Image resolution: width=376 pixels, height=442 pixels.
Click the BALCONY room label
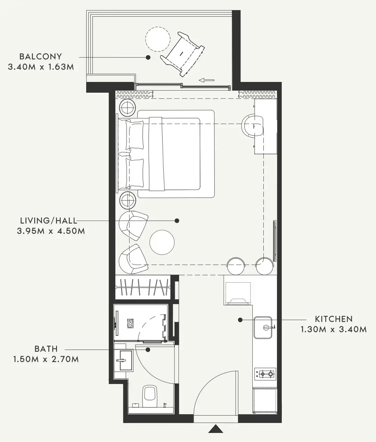[x=41, y=57]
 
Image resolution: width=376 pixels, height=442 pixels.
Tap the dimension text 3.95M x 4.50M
[x=51, y=231]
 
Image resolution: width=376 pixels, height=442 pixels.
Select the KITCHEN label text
[x=334, y=319]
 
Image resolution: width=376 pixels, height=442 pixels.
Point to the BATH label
[x=46, y=349]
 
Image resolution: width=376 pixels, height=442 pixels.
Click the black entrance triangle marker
[x=216, y=428]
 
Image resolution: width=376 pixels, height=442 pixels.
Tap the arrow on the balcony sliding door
[x=206, y=80]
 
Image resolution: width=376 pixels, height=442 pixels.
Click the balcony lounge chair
[x=182, y=54]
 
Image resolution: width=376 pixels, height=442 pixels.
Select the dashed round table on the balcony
[x=158, y=39]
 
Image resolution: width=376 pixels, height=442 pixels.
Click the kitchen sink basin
[x=263, y=328]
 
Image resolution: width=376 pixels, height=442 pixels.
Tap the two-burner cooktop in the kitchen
[x=265, y=374]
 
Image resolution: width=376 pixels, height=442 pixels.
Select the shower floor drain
[x=130, y=323]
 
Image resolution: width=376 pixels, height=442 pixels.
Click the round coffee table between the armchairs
[x=162, y=242]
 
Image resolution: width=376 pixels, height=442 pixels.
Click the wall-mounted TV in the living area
[x=275, y=241]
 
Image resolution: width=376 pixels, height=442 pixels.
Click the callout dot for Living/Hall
[x=177, y=221]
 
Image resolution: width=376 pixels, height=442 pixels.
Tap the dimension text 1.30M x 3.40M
[x=334, y=329]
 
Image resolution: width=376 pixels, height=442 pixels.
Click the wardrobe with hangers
[x=143, y=287]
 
